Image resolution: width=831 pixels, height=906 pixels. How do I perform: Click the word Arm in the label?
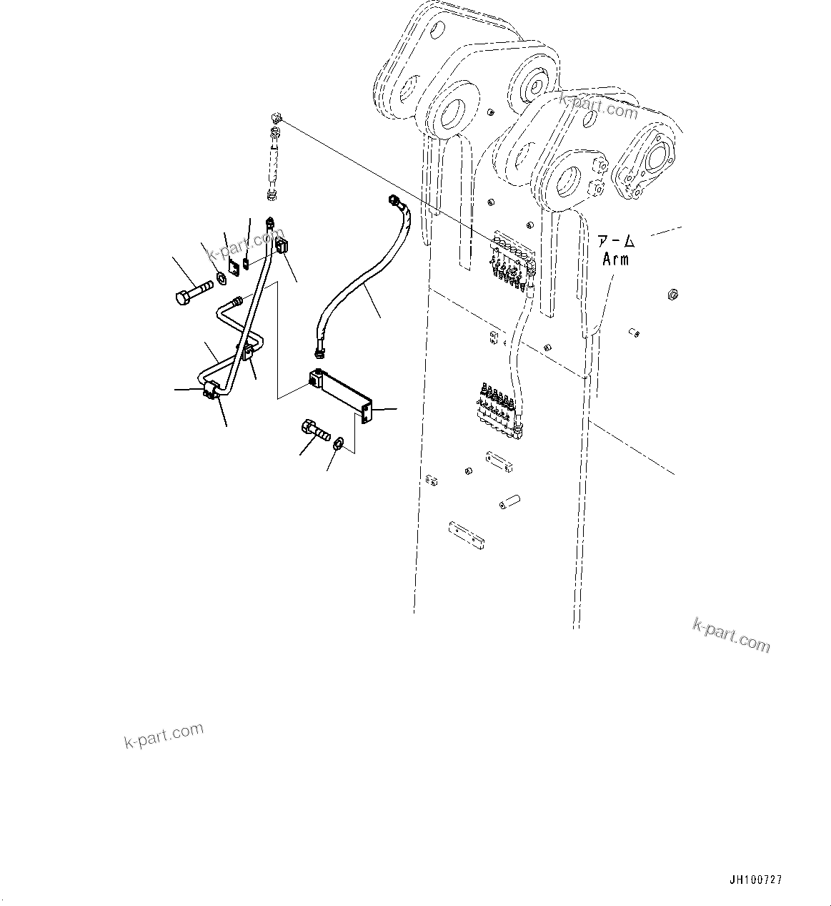[615, 259]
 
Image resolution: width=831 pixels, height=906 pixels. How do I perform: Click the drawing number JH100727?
[755, 880]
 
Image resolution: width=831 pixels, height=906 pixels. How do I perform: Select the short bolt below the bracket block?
[314, 431]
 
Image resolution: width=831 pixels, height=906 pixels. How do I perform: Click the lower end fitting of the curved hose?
[319, 350]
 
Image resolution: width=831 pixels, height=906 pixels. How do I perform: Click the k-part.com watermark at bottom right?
[732, 635]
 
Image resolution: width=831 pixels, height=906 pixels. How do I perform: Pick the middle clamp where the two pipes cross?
[247, 351]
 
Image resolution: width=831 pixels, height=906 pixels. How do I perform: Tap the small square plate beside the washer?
[234, 269]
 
